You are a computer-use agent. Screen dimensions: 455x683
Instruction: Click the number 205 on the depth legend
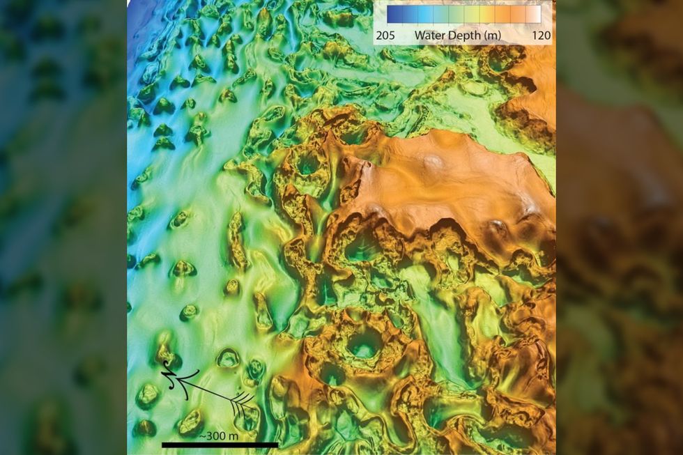[389, 34]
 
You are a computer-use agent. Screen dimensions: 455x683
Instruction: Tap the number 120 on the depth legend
[541, 34]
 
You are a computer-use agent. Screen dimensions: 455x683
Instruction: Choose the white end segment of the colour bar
[533, 15]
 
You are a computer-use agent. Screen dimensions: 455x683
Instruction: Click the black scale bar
[220, 445]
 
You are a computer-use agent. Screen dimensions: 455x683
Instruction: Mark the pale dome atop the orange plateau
[433, 162]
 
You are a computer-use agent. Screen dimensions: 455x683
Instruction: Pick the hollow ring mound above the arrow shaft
[228, 358]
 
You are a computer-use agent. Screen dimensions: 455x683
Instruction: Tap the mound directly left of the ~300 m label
[190, 422]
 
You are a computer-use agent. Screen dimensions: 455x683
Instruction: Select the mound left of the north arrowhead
[147, 396]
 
